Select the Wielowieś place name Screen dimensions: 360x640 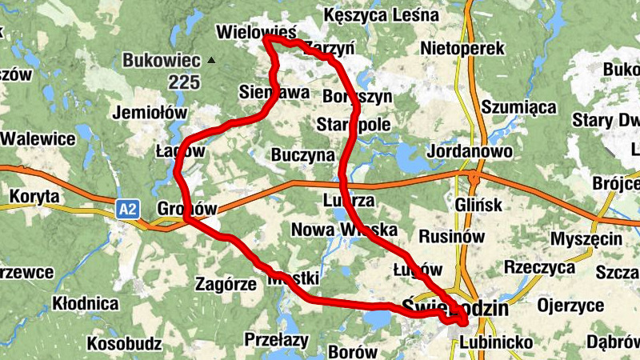[x=256, y=32]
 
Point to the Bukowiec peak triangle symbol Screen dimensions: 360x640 [x=210, y=60]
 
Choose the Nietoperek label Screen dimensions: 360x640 [x=467, y=48]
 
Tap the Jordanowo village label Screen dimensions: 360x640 [x=470, y=150]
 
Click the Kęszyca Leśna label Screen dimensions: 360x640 [x=381, y=15]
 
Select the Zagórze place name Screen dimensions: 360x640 [x=226, y=283]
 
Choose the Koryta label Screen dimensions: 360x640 [x=34, y=195]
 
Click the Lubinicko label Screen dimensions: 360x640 [x=497, y=343]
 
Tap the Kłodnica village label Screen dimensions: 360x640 [x=84, y=304]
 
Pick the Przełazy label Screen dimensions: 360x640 [x=276, y=338]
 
